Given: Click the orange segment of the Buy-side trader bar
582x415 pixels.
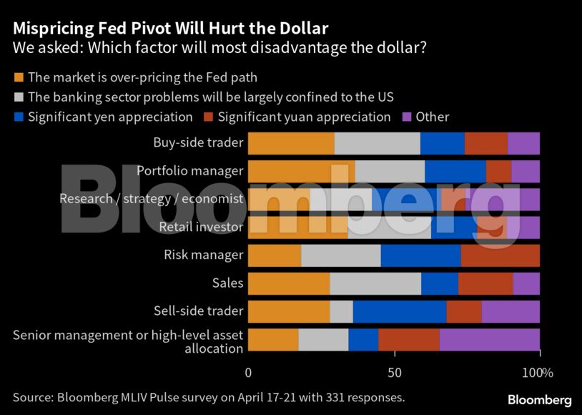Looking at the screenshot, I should click(290, 143).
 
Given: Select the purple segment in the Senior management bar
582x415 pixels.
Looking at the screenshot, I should click(490, 339).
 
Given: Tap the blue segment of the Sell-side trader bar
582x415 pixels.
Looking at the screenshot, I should click(399, 311).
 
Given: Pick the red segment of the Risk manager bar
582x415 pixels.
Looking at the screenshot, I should click(500, 255).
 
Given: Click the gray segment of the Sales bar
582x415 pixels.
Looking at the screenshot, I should click(375, 283).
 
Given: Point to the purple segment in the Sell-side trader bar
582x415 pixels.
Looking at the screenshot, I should click(511, 311).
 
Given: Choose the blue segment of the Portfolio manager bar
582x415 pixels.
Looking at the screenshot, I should click(455, 171).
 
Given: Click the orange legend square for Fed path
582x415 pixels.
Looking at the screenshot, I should click(18, 77).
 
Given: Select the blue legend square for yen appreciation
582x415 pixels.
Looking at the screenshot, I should click(18, 117).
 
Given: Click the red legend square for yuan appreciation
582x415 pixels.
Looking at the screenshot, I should click(208, 117).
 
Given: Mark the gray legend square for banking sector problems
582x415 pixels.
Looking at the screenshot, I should click(18, 97).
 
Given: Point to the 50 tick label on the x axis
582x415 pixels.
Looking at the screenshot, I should click(394, 373).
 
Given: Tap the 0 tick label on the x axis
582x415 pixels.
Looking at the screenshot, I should click(248, 373).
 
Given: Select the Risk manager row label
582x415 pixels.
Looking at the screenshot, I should click(203, 255).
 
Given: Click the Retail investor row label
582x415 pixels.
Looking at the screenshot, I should click(201, 227).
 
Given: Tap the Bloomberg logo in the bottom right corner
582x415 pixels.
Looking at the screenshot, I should click(539, 399).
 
